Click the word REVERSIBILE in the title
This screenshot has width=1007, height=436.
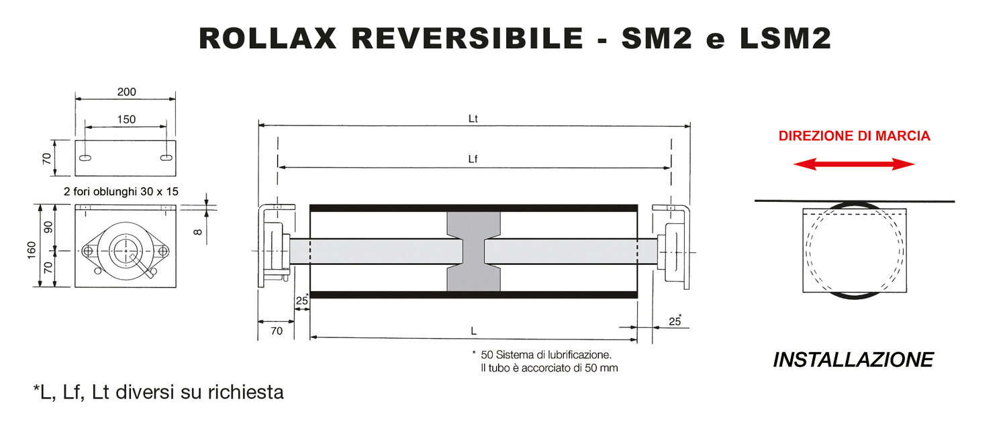(x=467, y=39)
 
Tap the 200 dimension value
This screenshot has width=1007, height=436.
(x=126, y=92)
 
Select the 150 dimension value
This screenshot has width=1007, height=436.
(x=126, y=119)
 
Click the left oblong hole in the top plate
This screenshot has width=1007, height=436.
(x=86, y=158)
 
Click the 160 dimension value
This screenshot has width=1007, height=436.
(x=32, y=250)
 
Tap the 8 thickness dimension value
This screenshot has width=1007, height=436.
(x=197, y=231)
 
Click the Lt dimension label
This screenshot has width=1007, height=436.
(x=473, y=118)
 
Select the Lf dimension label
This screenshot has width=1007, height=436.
(x=473, y=159)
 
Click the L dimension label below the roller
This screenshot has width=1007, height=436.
(x=473, y=331)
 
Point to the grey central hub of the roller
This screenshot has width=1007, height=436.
(x=474, y=251)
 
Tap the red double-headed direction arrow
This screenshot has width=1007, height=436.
(x=854, y=164)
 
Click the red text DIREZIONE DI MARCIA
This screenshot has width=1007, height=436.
(x=854, y=136)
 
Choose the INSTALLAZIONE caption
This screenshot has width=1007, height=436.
(x=853, y=360)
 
